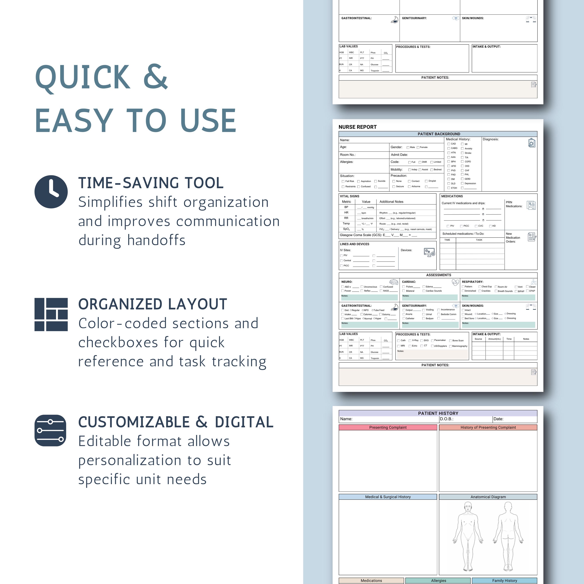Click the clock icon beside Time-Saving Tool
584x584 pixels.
click(51, 192)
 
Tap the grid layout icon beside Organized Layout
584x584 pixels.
click(51, 314)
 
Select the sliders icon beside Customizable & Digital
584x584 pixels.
click(50, 430)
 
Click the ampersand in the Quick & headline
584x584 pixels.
click(155, 77)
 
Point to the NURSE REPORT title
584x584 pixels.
click(358, 127)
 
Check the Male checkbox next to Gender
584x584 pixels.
click(408, 148)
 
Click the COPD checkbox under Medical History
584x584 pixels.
click(462, 162)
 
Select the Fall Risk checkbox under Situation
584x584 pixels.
click(343, 181)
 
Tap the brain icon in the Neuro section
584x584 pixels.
click(393, 282)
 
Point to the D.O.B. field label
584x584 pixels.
click(446, 419)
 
